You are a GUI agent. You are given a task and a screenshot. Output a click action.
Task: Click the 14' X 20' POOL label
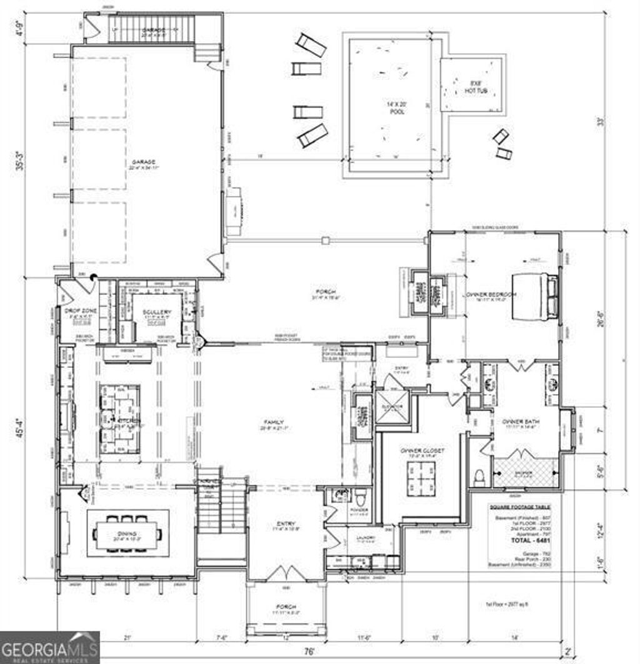pos(396,107)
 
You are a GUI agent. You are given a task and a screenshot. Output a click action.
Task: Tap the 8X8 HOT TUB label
pos(472,87)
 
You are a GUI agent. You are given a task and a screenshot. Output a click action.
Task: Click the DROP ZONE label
pos(79,311)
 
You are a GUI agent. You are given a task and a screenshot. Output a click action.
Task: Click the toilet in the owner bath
pos(480,478)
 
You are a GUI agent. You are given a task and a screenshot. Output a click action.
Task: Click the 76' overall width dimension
pos(309,652)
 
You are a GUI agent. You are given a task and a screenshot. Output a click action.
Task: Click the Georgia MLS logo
pos(49,647)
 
